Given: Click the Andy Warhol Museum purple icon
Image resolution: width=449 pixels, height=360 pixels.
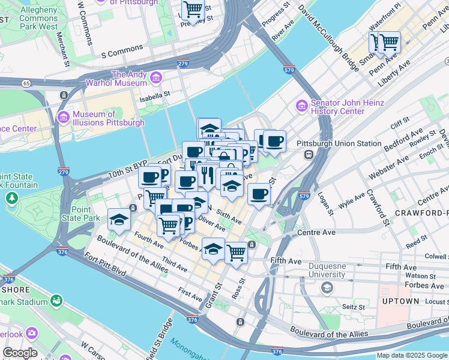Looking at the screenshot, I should [x=156, y=77].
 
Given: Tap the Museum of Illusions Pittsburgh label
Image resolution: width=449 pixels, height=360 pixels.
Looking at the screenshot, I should [x=108, y=118].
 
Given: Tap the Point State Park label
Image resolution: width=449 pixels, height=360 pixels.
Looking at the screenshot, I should [x=85, y=214].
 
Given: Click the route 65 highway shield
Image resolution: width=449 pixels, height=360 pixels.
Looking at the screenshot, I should [x=26, y=83].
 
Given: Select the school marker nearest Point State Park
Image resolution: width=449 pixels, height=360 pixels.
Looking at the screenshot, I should [x=119, y=220].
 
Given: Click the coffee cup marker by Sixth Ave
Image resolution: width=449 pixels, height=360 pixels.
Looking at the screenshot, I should [x=259, y=194].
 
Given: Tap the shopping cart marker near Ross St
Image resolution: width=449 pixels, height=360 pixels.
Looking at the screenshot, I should [x=237, y=252].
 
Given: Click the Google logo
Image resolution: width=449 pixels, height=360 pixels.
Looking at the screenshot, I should [x=20, y=353].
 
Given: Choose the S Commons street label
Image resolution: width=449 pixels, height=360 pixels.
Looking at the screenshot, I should [x=122, y=51].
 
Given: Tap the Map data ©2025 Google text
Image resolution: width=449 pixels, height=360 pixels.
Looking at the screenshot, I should [x=412, y=355].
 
